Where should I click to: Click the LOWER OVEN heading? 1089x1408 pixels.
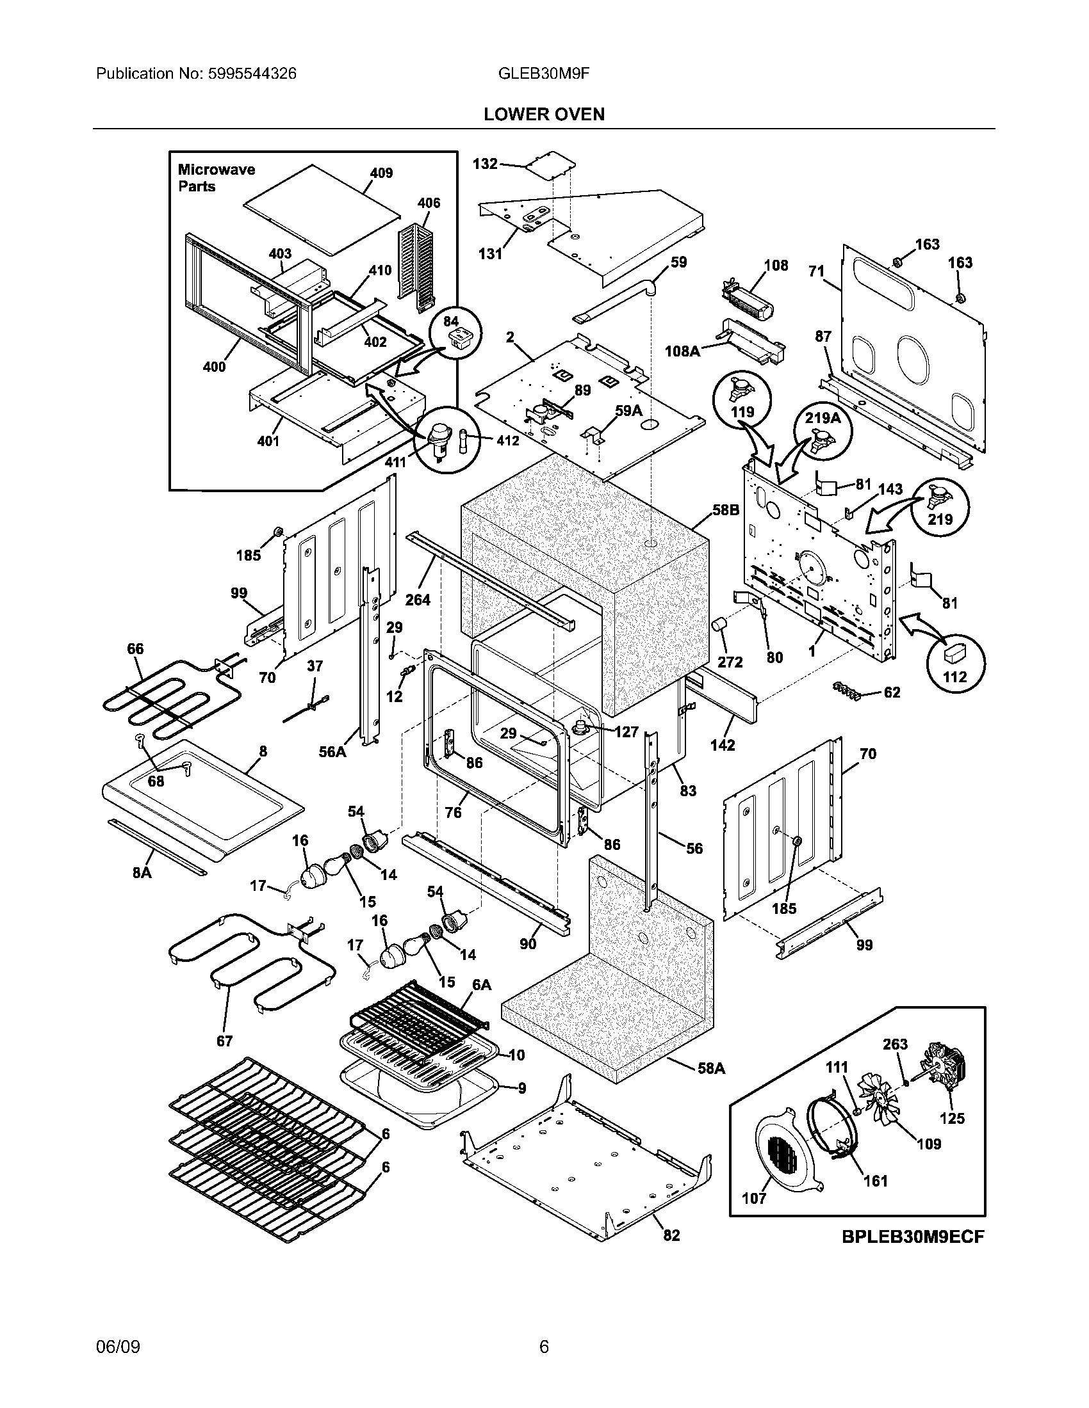point(544,114)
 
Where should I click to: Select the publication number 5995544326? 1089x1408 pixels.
point(252,74)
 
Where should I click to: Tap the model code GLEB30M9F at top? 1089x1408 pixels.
point(544,74)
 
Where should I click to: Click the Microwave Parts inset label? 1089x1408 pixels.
point(216,178)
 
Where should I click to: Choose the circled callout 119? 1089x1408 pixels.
point(742,401)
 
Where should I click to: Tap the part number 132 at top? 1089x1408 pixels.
point(485,164)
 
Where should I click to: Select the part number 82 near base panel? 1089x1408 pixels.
point(671,1235)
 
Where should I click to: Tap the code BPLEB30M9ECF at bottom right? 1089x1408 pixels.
point(912,1236)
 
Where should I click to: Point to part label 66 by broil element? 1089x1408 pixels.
point(135,648)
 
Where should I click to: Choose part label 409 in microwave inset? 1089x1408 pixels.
point(381,173)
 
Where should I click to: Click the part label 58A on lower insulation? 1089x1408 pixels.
point(711,1069)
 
